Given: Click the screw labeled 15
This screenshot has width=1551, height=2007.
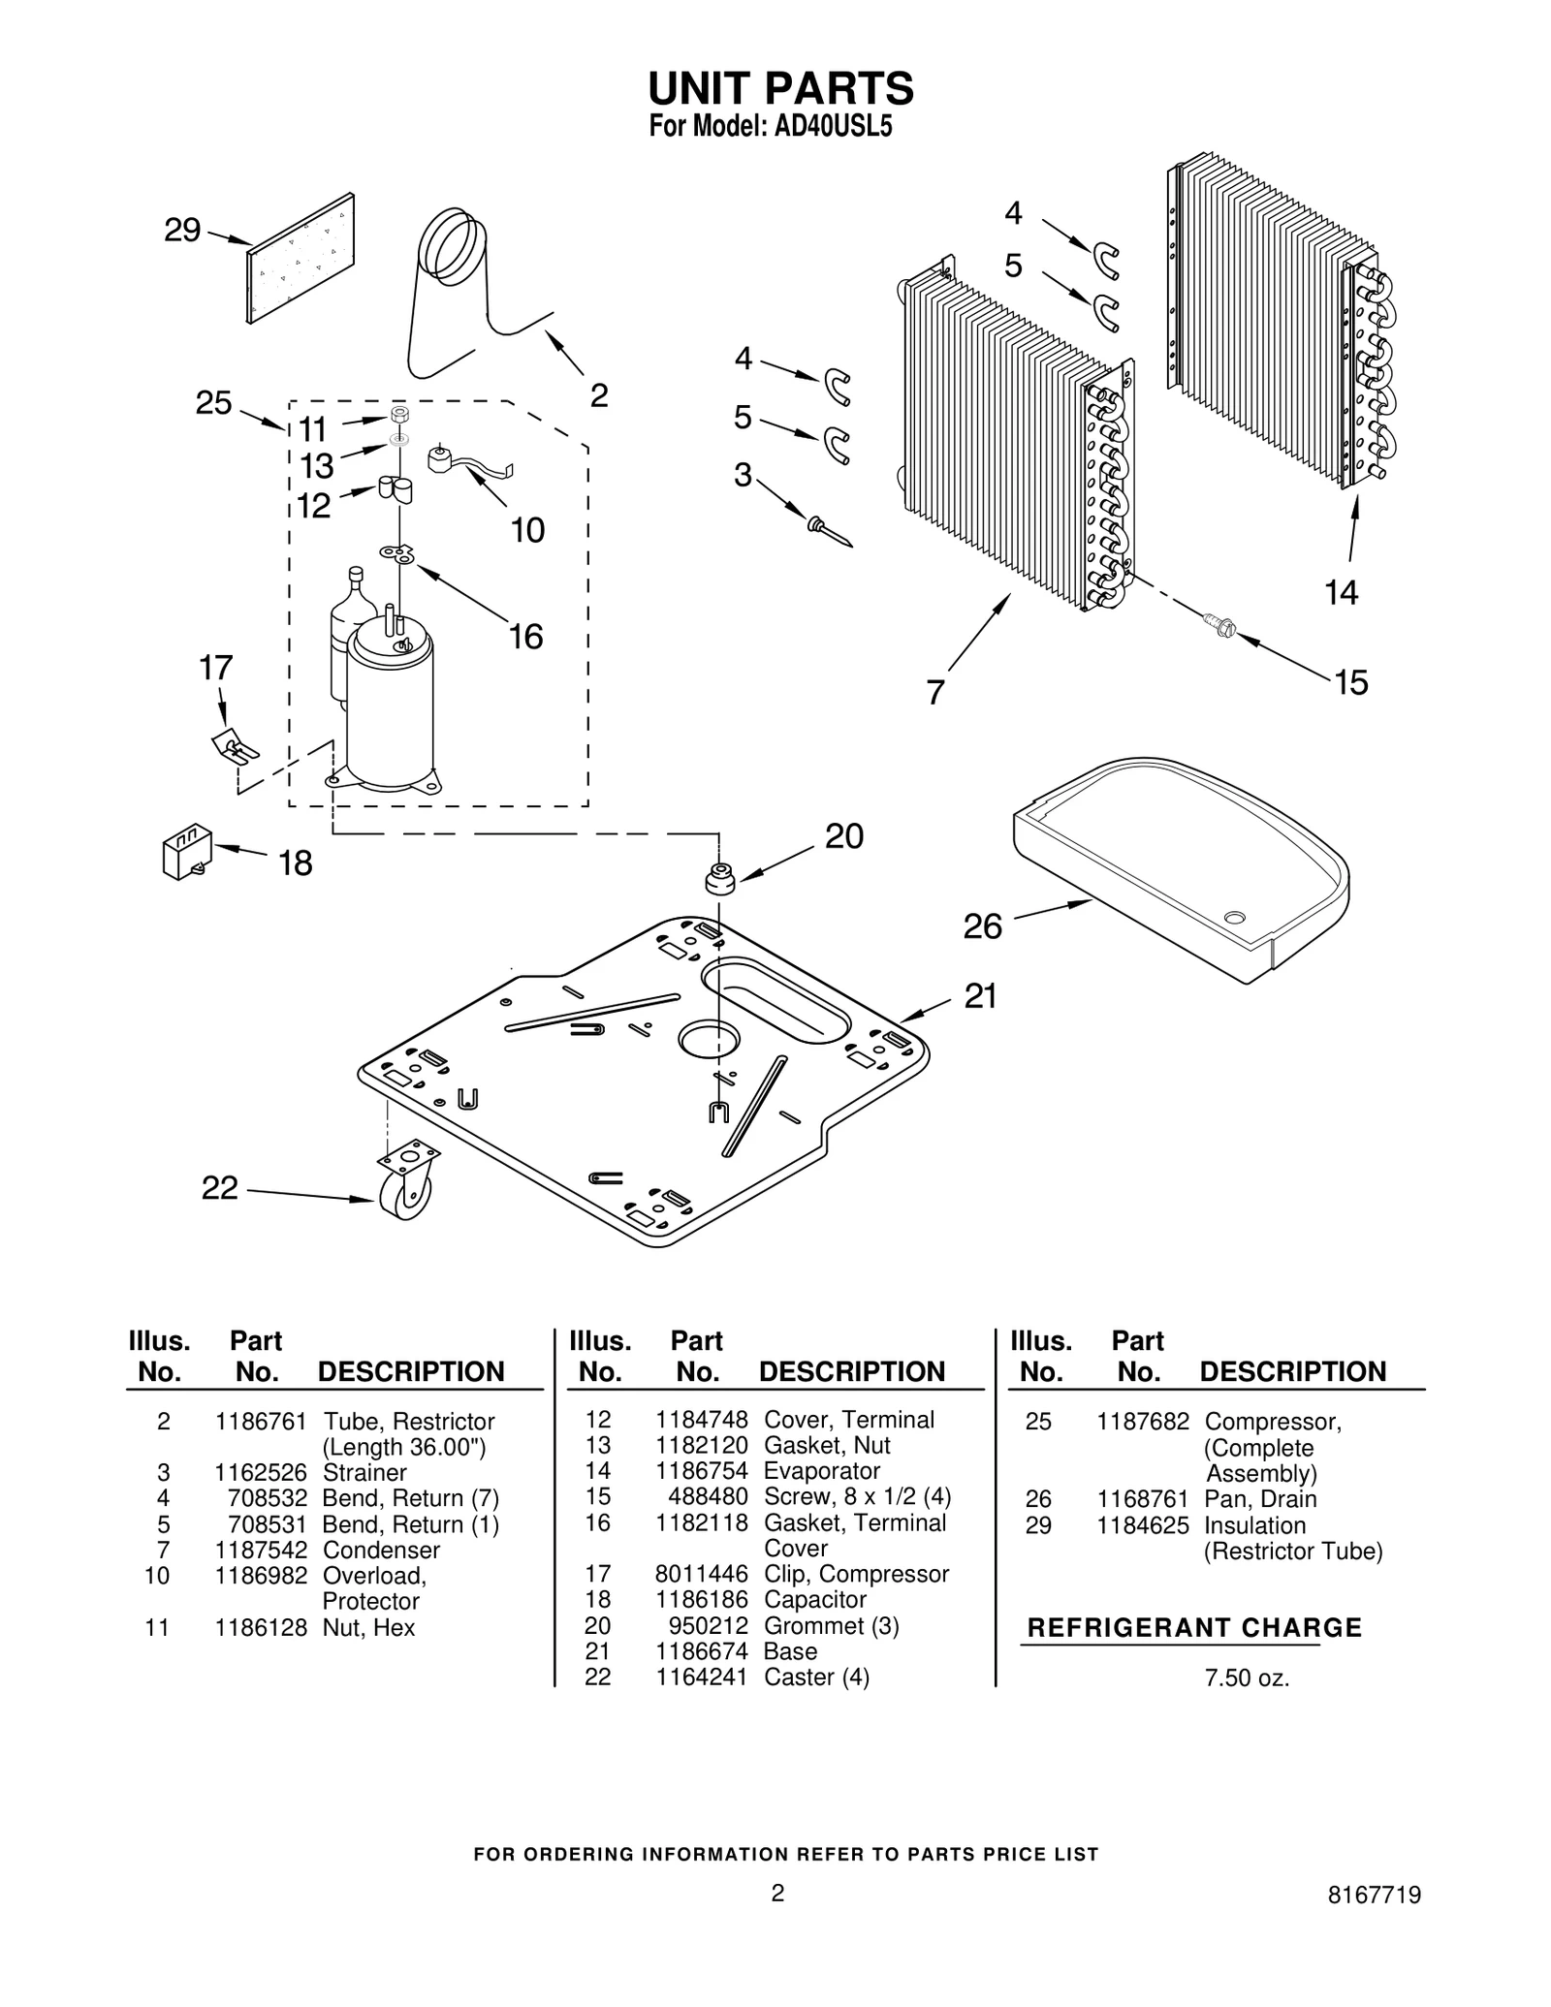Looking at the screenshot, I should coord(1217,625).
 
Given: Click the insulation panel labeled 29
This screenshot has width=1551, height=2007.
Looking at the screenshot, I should coord(301,258).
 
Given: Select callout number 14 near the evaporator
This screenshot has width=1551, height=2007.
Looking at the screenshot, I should coord(1341,592).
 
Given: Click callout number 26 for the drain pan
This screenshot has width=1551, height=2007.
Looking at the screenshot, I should coord(981,927).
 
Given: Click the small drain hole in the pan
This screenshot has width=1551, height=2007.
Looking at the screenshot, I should coord(1234,917).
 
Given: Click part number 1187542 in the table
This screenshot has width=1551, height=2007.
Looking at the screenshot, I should coord(261,1550).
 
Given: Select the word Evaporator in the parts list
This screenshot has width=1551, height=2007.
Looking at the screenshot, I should coord(821,1471).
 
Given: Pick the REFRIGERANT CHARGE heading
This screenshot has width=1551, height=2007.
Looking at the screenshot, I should coord(1193,1628).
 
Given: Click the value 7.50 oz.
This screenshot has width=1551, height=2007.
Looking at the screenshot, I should coord(1247,1678).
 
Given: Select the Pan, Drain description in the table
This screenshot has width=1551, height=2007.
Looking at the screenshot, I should coord(1260,1499).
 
